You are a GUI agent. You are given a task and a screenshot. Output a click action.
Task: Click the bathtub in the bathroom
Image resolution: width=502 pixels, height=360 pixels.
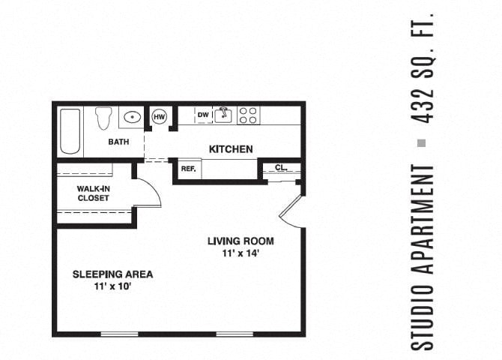pos(70,131)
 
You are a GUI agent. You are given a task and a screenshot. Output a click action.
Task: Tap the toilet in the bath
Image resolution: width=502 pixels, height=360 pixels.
pos(104,118)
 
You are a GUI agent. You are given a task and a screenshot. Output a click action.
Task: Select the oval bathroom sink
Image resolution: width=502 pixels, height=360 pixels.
pos(133,117)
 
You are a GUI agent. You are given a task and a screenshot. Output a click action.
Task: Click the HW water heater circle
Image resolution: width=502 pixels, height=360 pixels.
pos(160,116)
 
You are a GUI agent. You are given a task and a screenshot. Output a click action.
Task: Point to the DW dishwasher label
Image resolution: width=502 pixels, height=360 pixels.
pos(203,115)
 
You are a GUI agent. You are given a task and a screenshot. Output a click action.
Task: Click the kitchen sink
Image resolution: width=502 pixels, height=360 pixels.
pos(224,115)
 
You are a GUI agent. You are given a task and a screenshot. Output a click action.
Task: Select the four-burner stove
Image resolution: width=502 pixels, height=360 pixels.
pos(248,115)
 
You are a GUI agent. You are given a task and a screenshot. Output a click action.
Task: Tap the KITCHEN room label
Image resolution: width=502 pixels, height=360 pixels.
pos(230,149)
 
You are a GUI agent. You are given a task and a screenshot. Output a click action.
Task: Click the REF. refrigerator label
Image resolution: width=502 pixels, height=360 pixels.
pos(188,169)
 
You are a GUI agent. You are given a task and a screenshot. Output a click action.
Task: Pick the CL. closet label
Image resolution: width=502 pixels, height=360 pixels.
pos(281,168)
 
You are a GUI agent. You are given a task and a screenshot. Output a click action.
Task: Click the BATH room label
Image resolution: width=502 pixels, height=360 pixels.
pos(118,142)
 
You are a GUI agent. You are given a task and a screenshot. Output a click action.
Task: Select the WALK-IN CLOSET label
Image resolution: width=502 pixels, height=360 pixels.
pos(93,193)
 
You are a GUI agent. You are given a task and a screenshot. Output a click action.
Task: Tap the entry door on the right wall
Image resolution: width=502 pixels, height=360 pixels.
pos(290,212)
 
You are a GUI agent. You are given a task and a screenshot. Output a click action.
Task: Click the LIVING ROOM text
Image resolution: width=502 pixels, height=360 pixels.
pos(241,241)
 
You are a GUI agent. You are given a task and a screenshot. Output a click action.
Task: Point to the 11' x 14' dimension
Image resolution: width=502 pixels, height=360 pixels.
pos(241,253)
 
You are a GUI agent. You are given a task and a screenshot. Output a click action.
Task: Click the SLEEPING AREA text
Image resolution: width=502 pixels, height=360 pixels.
pos(112,274)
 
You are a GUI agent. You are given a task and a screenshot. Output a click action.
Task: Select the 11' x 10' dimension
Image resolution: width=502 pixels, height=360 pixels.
pos(112,286)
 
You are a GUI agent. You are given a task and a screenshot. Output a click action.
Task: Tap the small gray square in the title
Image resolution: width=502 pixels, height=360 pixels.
pos(422,142)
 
